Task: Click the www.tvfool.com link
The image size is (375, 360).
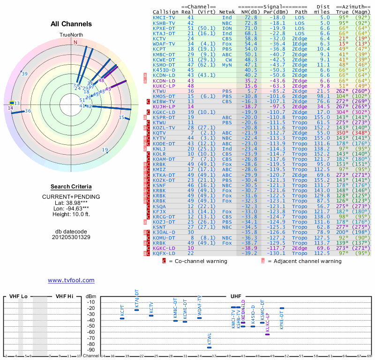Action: [x=71, y=280]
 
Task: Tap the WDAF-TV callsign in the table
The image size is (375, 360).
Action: [x=164, y=44]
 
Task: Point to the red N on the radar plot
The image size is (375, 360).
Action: [x=75, y=42]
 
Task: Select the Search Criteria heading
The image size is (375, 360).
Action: [x=71, y=187]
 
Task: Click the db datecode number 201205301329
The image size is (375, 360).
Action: [x=71, y=237]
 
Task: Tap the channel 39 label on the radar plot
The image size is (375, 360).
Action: [x=24, y=74]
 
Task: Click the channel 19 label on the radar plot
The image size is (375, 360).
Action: [x=105, y=150]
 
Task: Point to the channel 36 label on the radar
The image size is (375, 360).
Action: [x=28, y=111]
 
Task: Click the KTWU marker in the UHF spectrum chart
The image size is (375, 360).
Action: [x=209, y=347]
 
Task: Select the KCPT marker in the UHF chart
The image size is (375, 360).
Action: [x=122, y=318]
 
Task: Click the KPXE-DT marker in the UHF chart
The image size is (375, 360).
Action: [x=282, y=308]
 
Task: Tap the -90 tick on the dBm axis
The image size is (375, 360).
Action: [x=91, y=350]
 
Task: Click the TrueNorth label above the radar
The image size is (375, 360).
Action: [x=71, y=35]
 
